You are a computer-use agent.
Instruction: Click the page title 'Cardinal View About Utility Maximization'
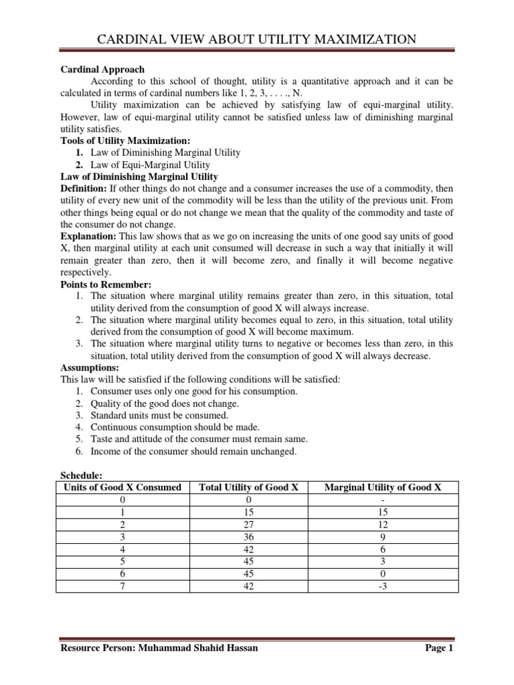click(x=257, y=40)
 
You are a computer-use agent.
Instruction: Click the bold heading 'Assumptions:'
click(x=90, y=368)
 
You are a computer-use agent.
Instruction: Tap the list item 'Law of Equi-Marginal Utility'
click(x=150, y=165)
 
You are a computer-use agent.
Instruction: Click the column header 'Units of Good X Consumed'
click(x=122, y=487)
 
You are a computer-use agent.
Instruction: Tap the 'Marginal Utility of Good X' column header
click(x=383, y=487)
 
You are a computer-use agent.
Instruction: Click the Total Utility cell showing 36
click(x=248, y=537)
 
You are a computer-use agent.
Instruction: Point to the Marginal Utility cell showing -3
click(x=383, y=586)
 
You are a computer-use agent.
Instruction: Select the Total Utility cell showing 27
click(x=248, y=525)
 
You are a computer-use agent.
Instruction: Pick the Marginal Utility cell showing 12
click(x=383, y=525)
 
